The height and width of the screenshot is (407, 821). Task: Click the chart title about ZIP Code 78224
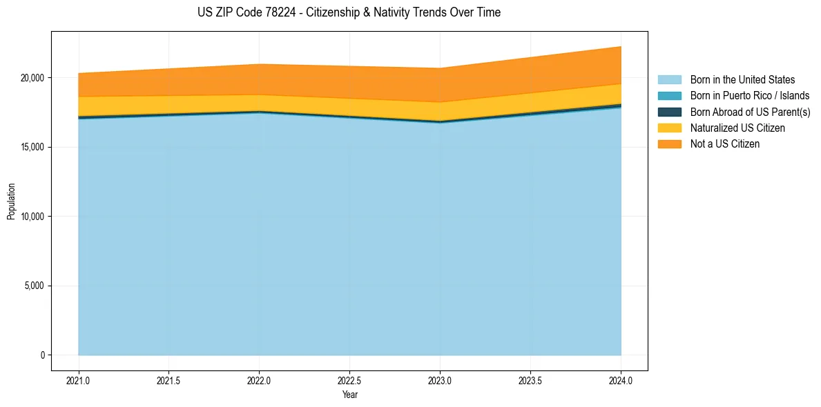tap(349, 12)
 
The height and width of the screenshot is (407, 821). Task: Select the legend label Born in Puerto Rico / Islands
tap(750, 96)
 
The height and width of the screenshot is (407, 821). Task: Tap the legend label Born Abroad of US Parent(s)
tap(750, 112)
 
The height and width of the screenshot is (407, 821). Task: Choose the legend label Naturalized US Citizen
tap(737, 128)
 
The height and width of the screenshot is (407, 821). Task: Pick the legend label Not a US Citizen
tap(725, 144)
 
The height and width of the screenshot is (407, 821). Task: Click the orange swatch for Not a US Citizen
tap(669, 144)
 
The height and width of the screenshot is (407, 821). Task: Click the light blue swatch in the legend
tap(669, 80)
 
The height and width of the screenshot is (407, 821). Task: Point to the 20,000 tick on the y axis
tap(32, 78)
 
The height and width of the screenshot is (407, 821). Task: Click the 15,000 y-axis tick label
tap(32, 147)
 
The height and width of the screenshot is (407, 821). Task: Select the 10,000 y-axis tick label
tap(32, 217)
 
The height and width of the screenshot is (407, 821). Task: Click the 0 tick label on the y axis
tap(42, 355)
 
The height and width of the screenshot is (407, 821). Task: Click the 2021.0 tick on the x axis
tap(78, 380)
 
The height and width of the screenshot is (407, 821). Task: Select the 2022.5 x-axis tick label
tap(349, 380)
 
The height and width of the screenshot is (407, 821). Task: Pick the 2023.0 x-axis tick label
tap(440, 380)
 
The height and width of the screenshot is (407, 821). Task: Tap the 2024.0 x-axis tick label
tap(621, 380)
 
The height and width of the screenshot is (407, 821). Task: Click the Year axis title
tap(349, 395)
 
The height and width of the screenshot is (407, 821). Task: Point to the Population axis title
tap(11, 201)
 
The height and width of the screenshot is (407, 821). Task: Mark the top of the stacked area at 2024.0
tap(621, 47)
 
